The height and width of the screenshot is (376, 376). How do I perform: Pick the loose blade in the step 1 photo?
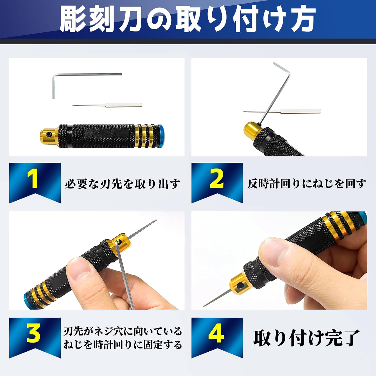tap(107, 105)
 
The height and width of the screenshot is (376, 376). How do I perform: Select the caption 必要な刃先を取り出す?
tap(123, 184)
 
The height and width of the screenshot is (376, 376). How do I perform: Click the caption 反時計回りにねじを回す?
tap(307, 184)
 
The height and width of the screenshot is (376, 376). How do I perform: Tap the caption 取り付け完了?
tap(306, 338)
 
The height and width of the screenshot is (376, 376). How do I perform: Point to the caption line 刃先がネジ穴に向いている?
tap(123, 331)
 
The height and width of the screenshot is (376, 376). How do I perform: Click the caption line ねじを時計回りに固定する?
tap(123, 345)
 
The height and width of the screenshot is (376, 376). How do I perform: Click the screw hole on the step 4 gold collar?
tap(240, 285)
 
